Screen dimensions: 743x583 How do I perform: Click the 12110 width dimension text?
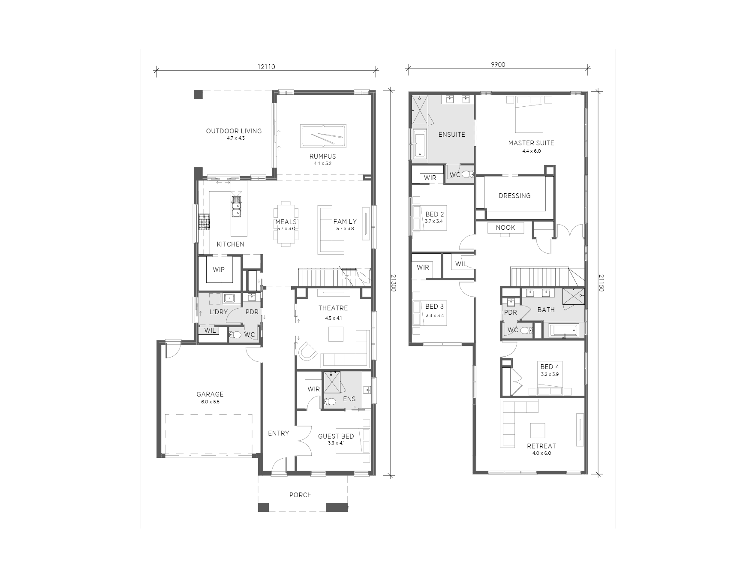266,66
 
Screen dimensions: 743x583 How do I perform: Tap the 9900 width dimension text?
498,65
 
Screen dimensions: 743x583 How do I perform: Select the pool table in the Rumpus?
323,136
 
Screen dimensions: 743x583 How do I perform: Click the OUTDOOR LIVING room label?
234,131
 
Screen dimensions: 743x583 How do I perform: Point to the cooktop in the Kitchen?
204,222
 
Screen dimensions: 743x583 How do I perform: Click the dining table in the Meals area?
286,224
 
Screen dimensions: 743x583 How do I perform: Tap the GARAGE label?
210,394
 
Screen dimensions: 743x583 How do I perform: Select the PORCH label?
301,495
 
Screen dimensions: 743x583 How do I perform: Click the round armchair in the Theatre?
307,351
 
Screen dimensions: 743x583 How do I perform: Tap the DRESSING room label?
514,195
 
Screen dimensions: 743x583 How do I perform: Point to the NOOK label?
505,228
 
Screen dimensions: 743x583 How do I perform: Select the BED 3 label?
435,307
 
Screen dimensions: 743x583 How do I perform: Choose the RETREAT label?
541,446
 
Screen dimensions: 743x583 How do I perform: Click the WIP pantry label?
219,270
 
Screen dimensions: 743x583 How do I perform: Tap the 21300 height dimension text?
393,283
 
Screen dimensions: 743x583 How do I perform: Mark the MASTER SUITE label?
531,143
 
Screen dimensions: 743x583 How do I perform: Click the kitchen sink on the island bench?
236,206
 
